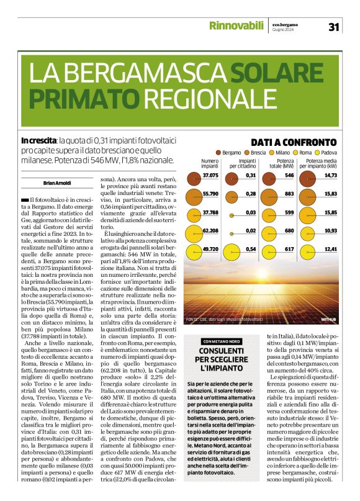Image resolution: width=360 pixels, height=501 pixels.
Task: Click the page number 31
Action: tap(333, 27)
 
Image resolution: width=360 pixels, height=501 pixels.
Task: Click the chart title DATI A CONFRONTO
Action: tap(294, 142)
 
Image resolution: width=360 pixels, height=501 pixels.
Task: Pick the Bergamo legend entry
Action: tap(229, 153)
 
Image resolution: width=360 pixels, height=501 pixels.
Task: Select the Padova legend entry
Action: tap(326, 153)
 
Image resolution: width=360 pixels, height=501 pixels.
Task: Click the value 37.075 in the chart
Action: tap(210, 176)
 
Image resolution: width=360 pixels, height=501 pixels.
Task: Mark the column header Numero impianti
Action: tap(210, 164)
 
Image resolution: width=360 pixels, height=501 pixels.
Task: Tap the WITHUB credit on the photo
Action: tap(328, 319)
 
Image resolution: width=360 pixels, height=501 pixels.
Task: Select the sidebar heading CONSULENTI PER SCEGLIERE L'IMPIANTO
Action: tap(222, 359)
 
